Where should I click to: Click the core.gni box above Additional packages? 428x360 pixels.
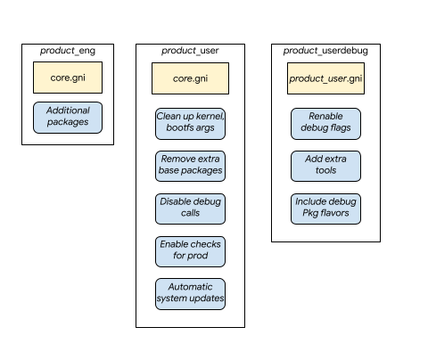[x=67, y=78]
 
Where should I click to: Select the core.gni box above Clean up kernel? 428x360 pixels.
[x=190, y=78]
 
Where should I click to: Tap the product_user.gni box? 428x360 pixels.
[x=325, y=78]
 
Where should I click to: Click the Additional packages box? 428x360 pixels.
[x=68, y=117]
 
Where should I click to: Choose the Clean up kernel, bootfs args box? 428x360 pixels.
[x=190, y=124]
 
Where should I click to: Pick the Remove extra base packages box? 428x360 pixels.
[x=190, y=166]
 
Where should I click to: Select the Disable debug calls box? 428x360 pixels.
[x=190, y=209]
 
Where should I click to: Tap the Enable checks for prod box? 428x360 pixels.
[x=190, y=251]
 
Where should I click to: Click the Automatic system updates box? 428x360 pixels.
[x=190, y=294]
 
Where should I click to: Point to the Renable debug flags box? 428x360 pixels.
[x=325, y=124]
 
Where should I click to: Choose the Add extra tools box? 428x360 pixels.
[x=325, y=166]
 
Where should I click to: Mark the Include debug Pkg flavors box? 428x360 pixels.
[x=325, y=209]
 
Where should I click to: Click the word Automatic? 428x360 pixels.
[x=190, y=287]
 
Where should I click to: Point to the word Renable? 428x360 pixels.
[x=325, y=117]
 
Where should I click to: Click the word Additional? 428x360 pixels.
[x=68, y=110]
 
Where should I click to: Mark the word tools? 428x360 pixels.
[x=325, y=172]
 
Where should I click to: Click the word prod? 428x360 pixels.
[x=199, y=258]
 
